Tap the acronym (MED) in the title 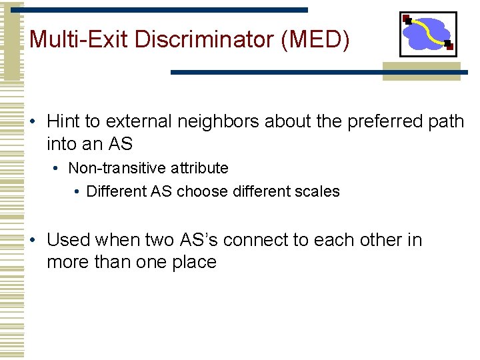coord(315,39)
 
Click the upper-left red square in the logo coord(406,19)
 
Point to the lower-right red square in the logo coord(449,46)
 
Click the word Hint coord(63,121)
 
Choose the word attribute coord(195,168)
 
